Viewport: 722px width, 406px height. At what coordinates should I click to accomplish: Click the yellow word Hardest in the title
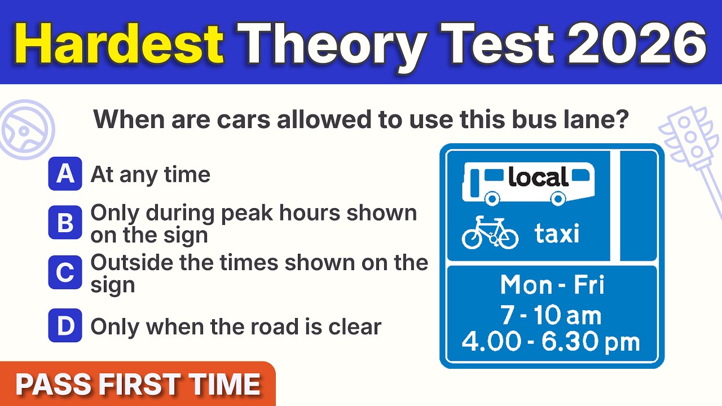click(118, 44)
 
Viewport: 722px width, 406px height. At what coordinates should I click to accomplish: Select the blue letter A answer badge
click(65, 174)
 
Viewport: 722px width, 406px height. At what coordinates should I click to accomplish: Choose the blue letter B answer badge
click(65, 223)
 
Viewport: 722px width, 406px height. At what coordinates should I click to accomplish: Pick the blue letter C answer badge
click(65, 272)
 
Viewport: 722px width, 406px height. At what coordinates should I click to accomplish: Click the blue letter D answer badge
click(65, 325)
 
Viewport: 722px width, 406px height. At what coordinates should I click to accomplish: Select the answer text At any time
click(151, 175)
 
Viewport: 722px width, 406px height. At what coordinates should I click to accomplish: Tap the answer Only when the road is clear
click(236, 326)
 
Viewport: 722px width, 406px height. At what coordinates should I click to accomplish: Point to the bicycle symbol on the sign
click(490, 233)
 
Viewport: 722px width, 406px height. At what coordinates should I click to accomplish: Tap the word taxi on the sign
click(557, 233)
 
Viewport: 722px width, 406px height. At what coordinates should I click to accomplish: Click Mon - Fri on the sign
click(552, 285)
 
